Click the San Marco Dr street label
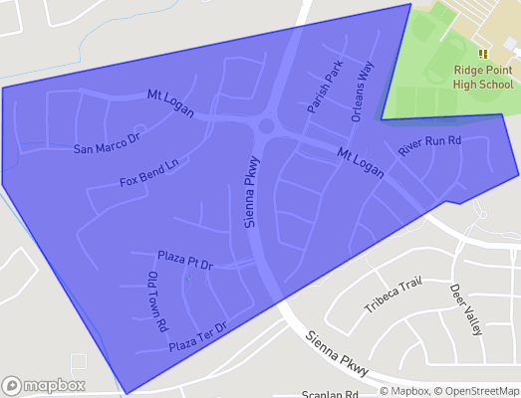point(110,141)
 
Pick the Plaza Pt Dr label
point(185,262)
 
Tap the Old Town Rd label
point(157,300)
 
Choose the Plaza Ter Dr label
point(198,336)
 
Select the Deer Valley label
point(466,309)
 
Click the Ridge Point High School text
point(483,78)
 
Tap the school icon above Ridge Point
point(483,54)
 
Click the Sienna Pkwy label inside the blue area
point(253,193)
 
